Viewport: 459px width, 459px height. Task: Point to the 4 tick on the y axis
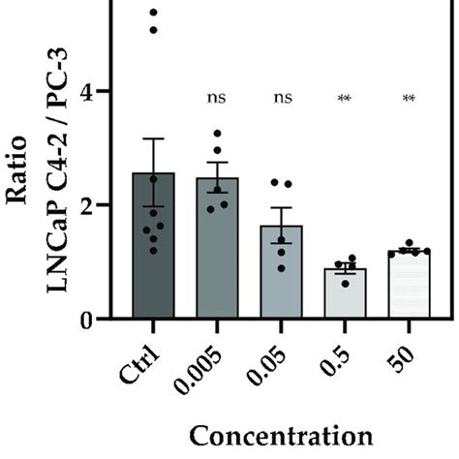(100, 92)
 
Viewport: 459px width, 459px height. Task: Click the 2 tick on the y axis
(100, 205)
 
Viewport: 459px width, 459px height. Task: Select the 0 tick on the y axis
(100, 320)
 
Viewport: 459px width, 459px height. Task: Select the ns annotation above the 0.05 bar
(282, 98)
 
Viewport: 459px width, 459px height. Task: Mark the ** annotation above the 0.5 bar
(345, 98)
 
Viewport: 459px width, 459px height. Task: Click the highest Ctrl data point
(152, 12)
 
